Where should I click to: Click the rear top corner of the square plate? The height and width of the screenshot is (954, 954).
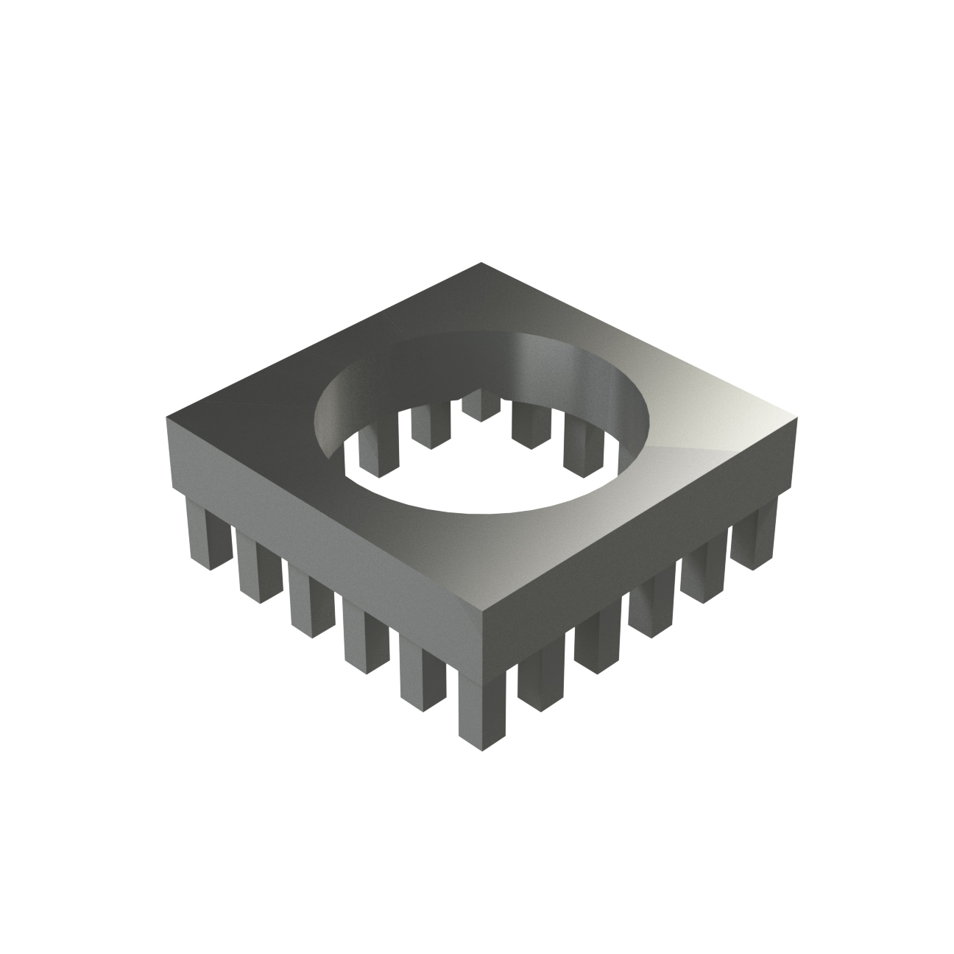point(481,264)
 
